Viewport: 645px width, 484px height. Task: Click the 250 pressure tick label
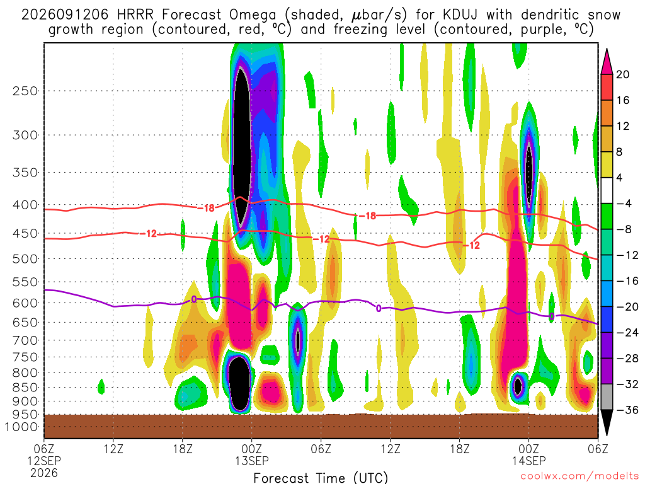pyautogui.click(x=25, y=91)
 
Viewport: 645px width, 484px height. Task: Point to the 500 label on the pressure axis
pyautogui.click(x=25, y=259)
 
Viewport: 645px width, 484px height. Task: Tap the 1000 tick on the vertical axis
pyautogui.click(x=22, y=427)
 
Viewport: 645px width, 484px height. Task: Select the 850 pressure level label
pyautogui.click(x=25, y=388)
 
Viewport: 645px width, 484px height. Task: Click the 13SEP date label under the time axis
pyautogui.click(x=252, y=461)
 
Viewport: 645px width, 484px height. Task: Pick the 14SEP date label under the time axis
pyautogui.click(x=529, y=461)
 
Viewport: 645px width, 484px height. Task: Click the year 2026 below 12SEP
pyautogui.click(x=44, y=473)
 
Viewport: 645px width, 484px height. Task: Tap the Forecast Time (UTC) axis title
pyautogui.click(x=321, y=478)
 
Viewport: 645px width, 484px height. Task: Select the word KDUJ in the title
pyautogui.click(x=460, y=15)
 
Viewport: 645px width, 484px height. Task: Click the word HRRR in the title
pyautogui.click(x=135, y=15)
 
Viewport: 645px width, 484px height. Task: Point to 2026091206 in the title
pyautogui.click(x=65, y=15)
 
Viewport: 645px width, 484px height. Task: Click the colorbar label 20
pyautogui.click(x=623, y=74)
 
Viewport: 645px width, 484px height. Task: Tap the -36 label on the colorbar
pyautogui.click(x=627, y=410)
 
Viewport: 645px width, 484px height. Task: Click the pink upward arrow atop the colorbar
pyautogui.click(x=607, y=61)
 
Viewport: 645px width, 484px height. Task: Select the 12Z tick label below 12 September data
pyautogui.click(x=113, y=449)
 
